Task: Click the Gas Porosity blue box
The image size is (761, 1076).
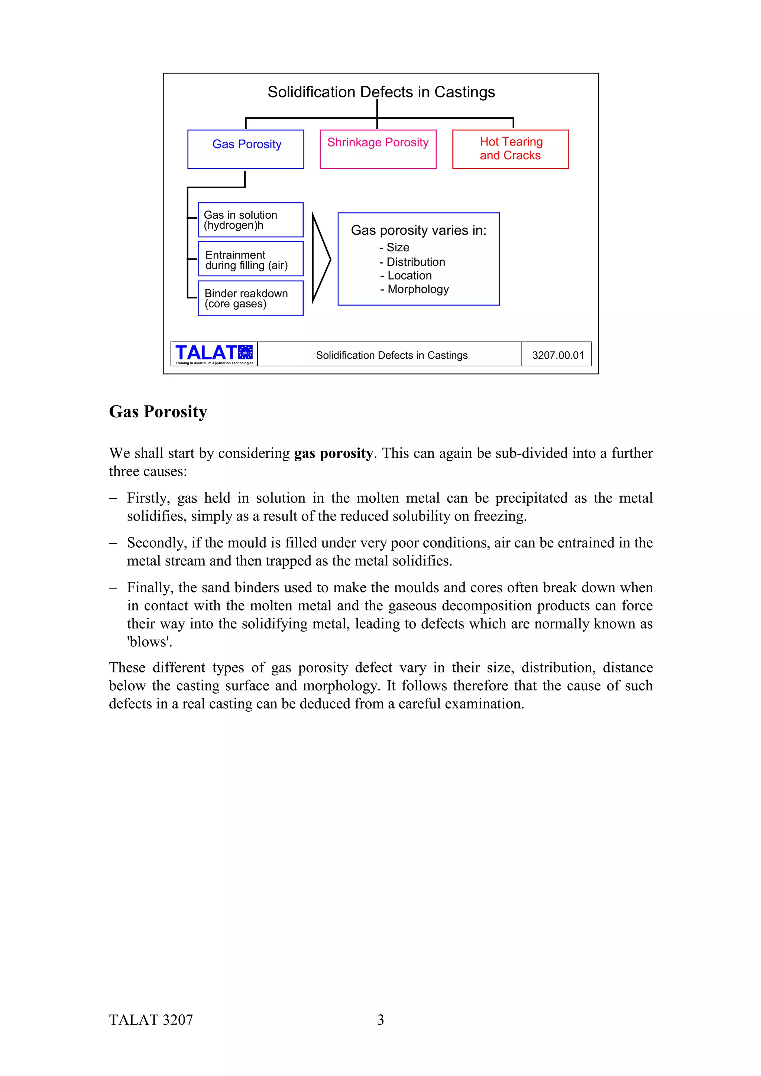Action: coord(246,149)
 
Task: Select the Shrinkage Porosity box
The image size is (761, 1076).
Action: coord(378,149)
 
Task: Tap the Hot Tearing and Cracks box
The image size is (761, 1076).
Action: coord(510,149)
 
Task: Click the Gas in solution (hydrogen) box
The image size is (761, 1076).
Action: coord(250,220)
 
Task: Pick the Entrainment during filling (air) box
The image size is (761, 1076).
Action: coord(250,259)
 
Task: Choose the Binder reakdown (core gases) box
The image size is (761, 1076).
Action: coord(250,298)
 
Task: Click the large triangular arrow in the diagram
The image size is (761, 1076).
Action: coord(320,259)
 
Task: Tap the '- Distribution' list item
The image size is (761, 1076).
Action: coord(412,262)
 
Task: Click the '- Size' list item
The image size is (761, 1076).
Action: coord(394,247)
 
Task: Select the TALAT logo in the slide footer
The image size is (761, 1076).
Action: coord(214,354)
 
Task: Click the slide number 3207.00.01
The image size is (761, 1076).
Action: coord(557,355)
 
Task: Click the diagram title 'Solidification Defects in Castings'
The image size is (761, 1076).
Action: coord(381,92)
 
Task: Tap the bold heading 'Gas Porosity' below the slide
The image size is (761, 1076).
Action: coord(158,411)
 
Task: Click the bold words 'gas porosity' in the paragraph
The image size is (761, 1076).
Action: coord(333,453)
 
